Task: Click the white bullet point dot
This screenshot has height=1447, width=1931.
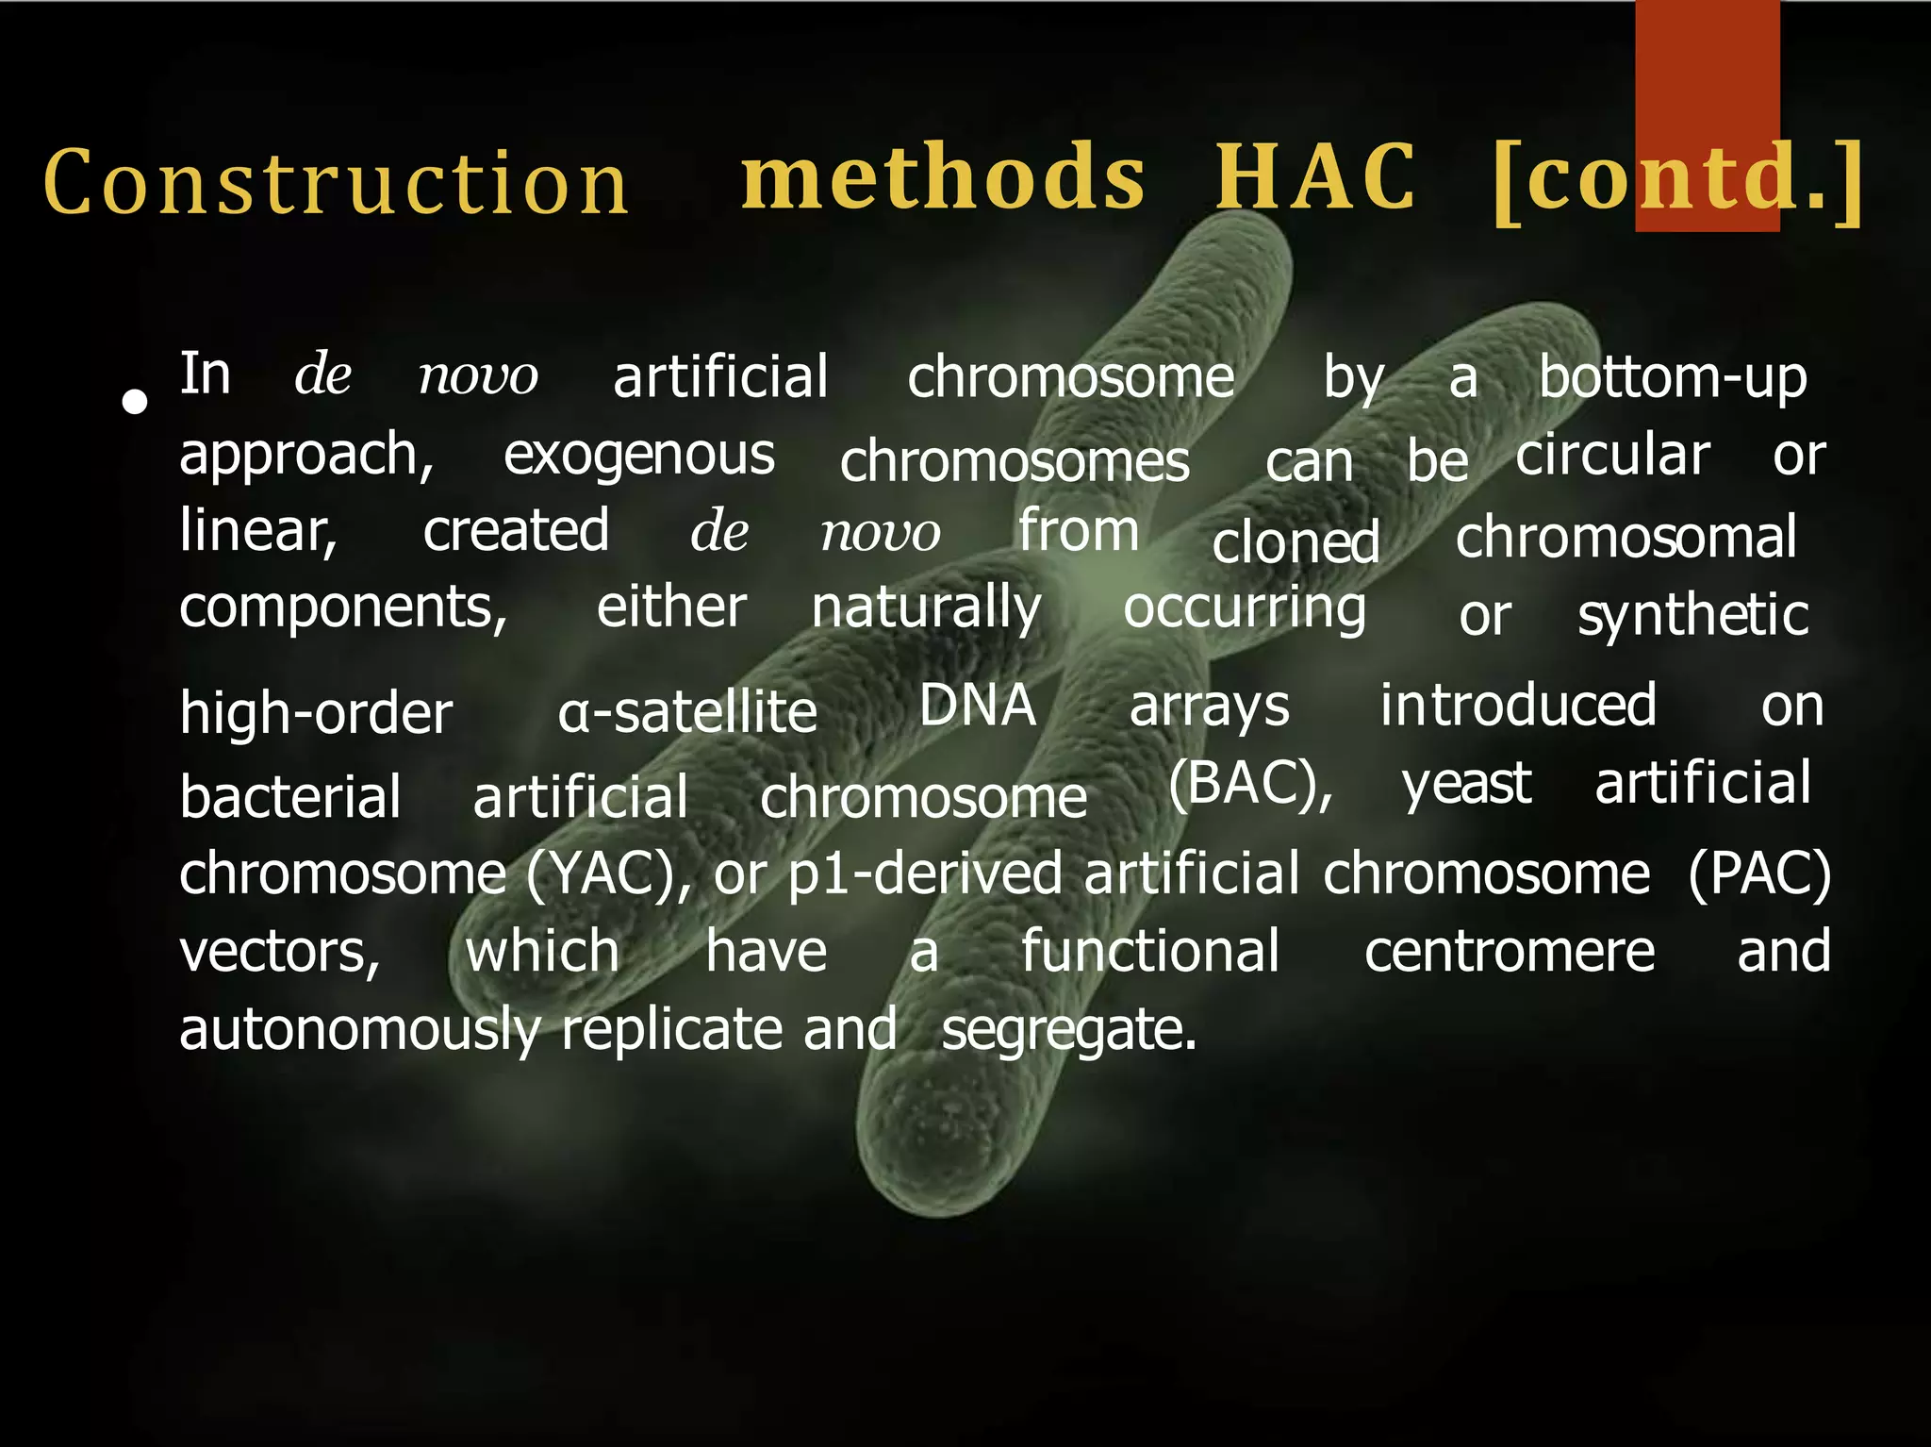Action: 136,403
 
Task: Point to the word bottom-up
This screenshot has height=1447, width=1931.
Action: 1673,378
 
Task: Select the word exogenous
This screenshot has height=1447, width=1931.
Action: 638,457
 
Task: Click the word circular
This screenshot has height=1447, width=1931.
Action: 1612,457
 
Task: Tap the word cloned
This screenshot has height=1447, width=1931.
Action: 1296,542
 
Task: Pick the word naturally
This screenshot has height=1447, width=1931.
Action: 926,608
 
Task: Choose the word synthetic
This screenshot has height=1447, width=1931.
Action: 1693,616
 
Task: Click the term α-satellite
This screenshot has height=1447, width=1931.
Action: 687,712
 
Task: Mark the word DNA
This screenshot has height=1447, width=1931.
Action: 978,706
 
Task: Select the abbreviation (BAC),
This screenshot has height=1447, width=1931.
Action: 1250,784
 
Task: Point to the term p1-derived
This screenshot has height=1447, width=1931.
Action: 925,874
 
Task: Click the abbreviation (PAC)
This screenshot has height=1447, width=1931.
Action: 1759,874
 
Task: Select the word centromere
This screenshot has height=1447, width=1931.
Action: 1509,952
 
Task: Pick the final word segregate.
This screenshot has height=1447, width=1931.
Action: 1068,1030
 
